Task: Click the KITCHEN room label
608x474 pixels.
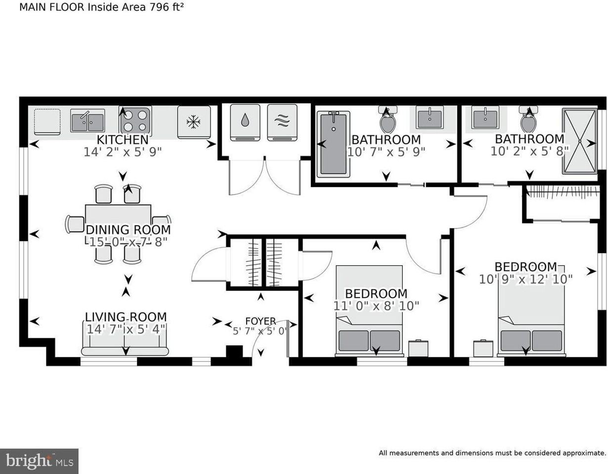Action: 122,140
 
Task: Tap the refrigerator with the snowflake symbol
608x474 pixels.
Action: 194,122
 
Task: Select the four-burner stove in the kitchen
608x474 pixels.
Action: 135,120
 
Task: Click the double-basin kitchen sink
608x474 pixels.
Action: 87,120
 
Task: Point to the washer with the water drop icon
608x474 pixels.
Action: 245,122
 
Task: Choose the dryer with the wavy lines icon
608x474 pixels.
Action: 282,122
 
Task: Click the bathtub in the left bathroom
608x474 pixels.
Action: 333,144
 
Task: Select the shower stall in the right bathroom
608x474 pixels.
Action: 579,141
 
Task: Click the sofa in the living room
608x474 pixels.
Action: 125,343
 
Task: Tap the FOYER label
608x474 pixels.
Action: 261,321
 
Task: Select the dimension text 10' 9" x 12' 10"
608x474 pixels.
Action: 525,279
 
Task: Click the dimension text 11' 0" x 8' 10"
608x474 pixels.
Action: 376,306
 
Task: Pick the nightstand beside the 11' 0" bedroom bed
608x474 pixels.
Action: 418,348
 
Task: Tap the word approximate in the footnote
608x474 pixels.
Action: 578,453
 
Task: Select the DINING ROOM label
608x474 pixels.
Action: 128,230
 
